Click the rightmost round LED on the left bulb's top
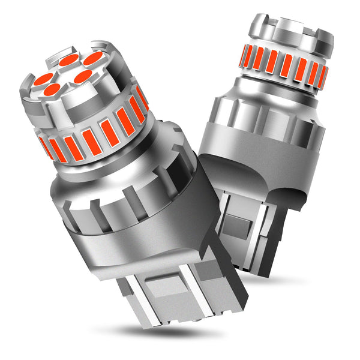(x=93, y=58)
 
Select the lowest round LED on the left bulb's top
(x=52, y=90)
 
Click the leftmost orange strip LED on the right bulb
(x=244, y=55)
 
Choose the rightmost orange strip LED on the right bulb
(x=322, y=76)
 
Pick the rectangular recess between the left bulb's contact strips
(x=165, y=289)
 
